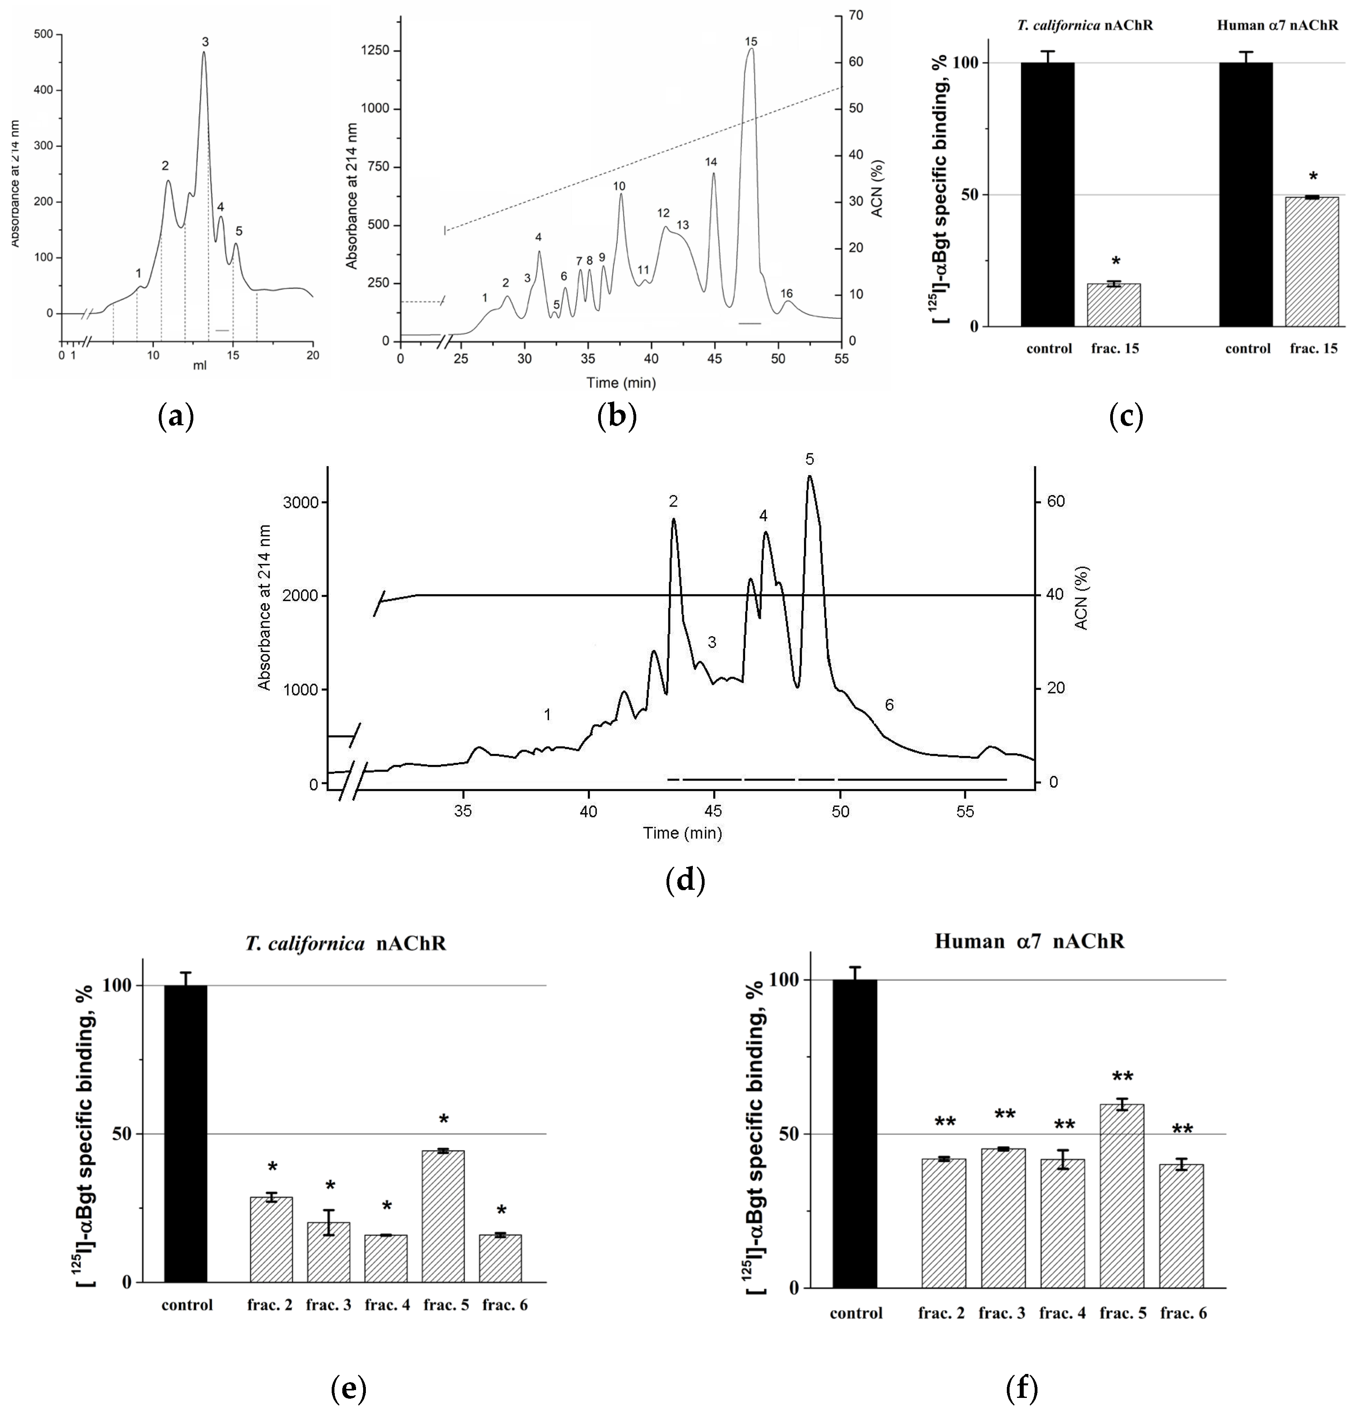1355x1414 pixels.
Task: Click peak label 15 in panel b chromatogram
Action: coord(751,42)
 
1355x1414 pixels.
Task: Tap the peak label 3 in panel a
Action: coord(205,42)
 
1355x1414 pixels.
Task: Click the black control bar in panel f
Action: coord(855,1132)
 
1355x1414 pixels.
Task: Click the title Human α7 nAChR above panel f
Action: coord(1030,942)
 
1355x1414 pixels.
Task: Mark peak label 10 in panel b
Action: coord(619,186)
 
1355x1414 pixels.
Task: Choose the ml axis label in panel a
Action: coord(199,365)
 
